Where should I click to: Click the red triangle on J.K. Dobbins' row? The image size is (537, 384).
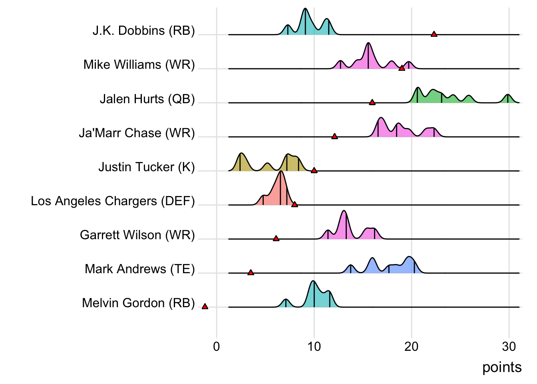pos(434,34)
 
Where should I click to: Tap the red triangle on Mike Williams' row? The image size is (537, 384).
pos(402,68)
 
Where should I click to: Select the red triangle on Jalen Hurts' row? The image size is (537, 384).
pos(372,102)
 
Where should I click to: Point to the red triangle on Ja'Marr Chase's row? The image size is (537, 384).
pos(334,137)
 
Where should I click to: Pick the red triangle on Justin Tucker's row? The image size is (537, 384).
pos(314,171)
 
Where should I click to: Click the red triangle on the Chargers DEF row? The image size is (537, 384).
pos(294,205)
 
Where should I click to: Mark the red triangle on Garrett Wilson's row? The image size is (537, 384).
pos(276,239)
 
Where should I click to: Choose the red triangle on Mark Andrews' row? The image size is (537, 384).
pos(251,273)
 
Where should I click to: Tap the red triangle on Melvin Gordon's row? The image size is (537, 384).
pos(205,307)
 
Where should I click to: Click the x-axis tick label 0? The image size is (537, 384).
pos(217,346)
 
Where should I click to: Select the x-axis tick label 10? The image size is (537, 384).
pos(314,346)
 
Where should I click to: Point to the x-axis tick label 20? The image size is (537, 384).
pos(412,346)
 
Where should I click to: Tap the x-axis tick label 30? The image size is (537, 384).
pos(509,346)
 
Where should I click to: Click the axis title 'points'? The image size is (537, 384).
pos(502,367)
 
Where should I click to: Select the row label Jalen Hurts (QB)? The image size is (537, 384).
pos(147,99)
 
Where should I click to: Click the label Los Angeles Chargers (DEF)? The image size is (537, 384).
pos(113,201)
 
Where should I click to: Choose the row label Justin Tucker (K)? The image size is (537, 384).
pos(146,167)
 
